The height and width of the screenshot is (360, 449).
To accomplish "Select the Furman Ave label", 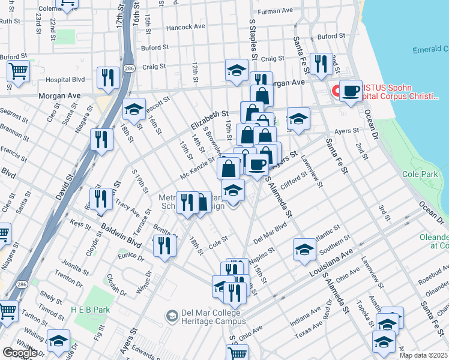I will (274, 11).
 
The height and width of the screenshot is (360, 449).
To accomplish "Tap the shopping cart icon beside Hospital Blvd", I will (19, 71).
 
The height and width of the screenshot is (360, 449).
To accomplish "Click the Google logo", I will (19, 353).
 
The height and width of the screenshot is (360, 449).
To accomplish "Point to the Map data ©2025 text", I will (423, 355).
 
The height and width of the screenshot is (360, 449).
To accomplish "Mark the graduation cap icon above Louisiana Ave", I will (304, 249).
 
